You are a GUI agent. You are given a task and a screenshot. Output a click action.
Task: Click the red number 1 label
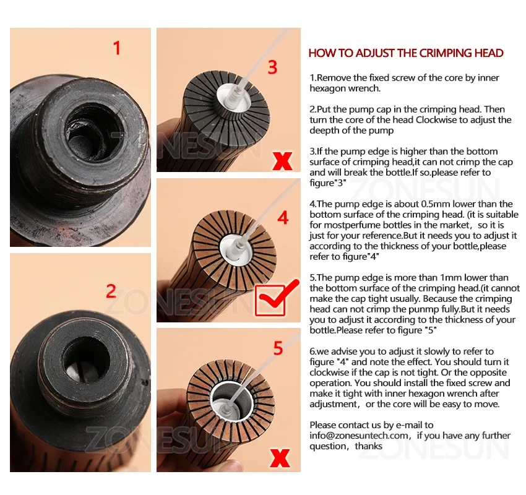click(x=116, y=48)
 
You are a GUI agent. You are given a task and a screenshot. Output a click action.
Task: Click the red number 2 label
click(x=111, y=291)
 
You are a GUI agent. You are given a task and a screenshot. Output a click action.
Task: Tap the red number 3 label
click(x=273, y=67)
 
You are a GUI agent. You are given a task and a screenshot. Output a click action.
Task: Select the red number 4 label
click(x=283, y=218)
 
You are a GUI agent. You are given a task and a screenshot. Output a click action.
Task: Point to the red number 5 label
click(x=278, y=348)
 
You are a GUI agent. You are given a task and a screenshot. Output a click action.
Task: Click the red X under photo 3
click(x=282, y=161)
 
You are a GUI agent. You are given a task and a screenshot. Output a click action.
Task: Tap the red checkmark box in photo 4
click(x=271, y=299)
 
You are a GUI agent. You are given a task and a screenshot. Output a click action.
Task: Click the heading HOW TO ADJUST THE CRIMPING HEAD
click(x=406, y=53)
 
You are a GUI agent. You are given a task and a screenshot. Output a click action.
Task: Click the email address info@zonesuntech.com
click(x=359, y=436)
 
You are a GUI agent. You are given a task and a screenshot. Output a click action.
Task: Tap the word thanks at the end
click(x=369, y=446)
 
